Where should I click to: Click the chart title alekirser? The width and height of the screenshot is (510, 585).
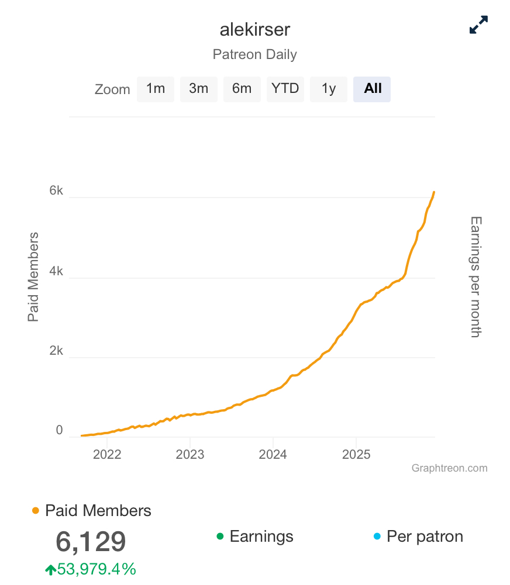pos(254,30)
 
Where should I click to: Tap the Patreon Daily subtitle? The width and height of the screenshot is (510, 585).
pos(254,55)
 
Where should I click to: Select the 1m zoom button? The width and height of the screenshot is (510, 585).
pos(156,89)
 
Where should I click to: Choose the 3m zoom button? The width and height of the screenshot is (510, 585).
pos(199,89)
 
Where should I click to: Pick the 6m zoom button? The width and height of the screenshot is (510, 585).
pos(242,89)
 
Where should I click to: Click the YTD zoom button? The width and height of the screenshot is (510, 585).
pos(285,89)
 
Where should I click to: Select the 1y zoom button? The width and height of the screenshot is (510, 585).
pos(329,89)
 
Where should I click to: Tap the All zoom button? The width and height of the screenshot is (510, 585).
pos(372,89)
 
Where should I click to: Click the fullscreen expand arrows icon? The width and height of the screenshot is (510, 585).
pos(478,25)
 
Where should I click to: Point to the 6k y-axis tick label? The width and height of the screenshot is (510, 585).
pos(56,191)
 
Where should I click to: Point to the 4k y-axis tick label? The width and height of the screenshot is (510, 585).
pos(56,271)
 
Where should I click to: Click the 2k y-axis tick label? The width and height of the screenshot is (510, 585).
pos(56,351)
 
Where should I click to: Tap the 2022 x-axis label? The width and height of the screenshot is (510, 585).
pos(107,455)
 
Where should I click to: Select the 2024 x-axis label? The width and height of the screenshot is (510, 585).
pos(273,455)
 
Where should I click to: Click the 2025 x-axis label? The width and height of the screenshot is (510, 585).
pos(356,455)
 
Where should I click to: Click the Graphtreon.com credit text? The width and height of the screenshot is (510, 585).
pos(449,468)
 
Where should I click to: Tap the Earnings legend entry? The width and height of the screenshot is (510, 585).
pos(261,536)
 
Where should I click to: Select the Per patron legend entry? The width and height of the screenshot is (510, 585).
pos(424,536)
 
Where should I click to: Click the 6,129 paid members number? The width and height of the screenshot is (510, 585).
pos(91,542)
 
